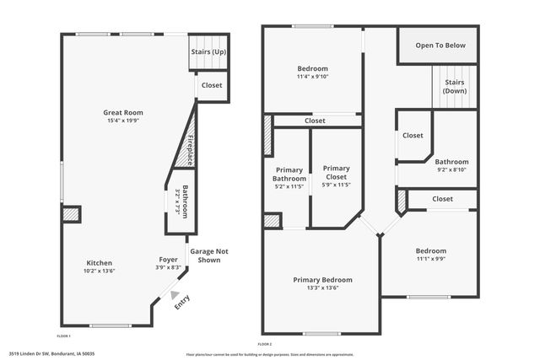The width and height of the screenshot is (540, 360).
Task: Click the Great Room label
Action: (124, 111)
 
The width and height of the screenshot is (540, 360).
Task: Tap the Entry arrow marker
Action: (174, 296)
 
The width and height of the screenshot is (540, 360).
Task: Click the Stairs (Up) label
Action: (208, 51)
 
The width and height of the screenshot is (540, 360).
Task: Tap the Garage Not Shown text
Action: (208, 255)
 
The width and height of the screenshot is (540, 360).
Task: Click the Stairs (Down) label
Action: (454, 86)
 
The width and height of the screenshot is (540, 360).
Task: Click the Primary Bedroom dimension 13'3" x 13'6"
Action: (322, 288)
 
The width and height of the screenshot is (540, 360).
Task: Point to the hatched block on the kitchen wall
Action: (70, 215)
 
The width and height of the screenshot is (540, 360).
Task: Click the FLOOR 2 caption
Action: (265, 345)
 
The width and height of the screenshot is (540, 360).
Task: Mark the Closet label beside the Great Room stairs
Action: (212, 85)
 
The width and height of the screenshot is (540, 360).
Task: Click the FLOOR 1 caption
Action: (64, 336)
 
